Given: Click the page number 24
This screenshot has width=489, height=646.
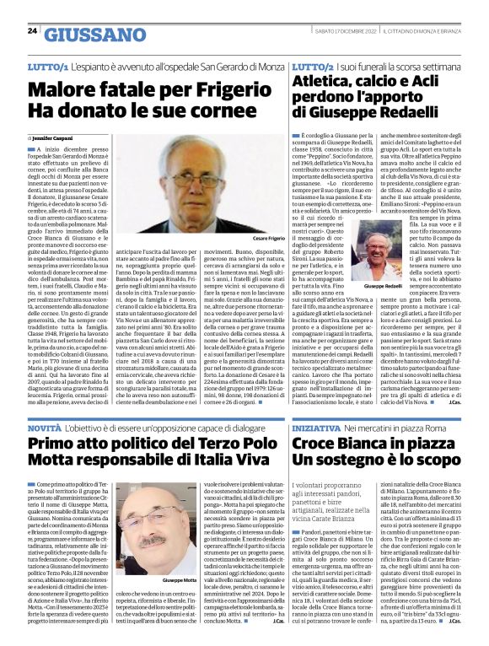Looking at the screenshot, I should coord(32,30).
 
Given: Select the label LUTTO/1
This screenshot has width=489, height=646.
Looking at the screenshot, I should coord(48,65).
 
